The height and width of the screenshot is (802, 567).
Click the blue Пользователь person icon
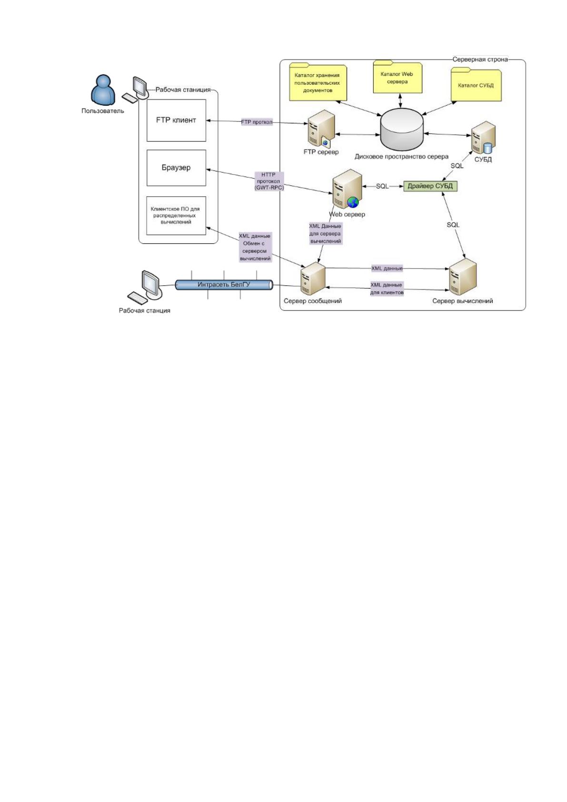pos(103,90)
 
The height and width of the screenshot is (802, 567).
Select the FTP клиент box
pos(176,120)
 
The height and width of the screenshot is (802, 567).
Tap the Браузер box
pos(176,168)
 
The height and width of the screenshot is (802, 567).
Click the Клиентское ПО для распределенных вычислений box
pos(176,216)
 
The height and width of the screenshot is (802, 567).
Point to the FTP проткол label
pos(257,122)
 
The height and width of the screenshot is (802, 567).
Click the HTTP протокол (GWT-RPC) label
pos(269,181)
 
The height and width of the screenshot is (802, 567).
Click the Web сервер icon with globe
pos(346,189)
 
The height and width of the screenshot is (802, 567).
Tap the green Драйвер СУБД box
pos(430,186)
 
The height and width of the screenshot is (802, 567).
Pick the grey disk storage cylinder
pos(401,130)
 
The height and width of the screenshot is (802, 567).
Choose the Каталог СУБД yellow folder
pos(476,84)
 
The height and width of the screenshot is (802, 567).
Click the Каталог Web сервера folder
pos(398,77)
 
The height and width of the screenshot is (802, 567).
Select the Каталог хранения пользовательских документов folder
pos(318,82)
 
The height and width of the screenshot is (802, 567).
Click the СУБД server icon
pos(483,138)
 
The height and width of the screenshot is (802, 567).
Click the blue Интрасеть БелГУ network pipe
pos(224,285)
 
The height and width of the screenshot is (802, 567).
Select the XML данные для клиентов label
pos(387,289)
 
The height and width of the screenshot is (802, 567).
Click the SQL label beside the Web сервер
pos(382,186)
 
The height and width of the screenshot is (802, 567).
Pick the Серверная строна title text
pos(480,60)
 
